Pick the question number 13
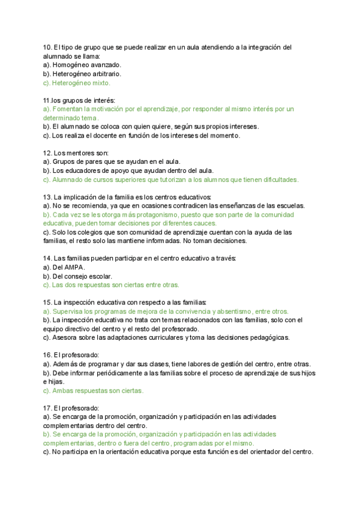(x=47, y=197)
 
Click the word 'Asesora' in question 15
(x=65, y=337)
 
